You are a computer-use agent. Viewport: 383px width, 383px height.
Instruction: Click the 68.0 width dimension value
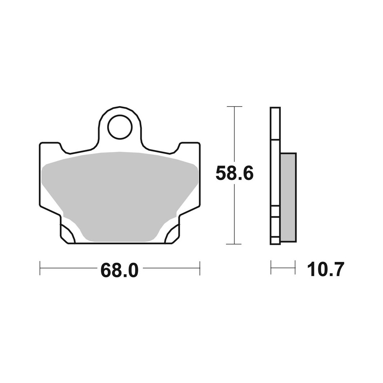(119, 270)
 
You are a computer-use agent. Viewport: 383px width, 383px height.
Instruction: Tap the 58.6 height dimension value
(234, 173)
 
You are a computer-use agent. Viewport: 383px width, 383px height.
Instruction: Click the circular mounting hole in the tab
(119, 127)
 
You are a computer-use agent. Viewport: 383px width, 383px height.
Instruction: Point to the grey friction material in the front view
(119, 195)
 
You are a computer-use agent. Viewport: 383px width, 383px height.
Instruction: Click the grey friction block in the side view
(288, 198)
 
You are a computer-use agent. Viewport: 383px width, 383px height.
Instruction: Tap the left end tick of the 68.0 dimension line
(40, 268)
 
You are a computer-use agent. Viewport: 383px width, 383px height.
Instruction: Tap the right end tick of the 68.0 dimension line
(200, 268)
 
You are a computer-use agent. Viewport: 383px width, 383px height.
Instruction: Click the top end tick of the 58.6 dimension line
(234, 107)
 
